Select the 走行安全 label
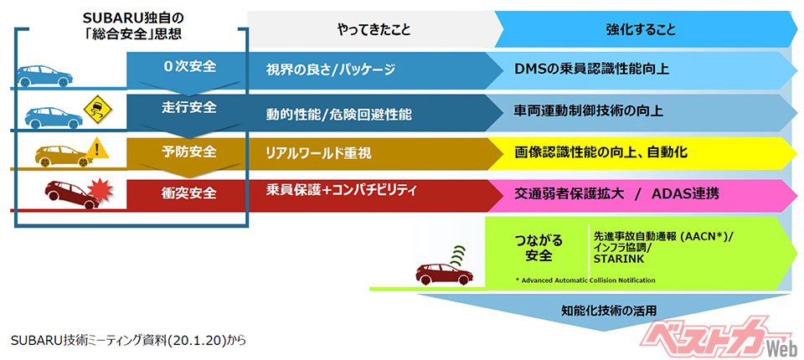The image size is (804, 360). (x=188, y=108)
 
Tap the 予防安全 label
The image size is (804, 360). (x=188, y=152)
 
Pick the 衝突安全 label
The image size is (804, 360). (x=188, y=193)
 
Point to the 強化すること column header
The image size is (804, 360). (x=641, y=29)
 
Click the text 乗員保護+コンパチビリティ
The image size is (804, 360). (x=342, y=191)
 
